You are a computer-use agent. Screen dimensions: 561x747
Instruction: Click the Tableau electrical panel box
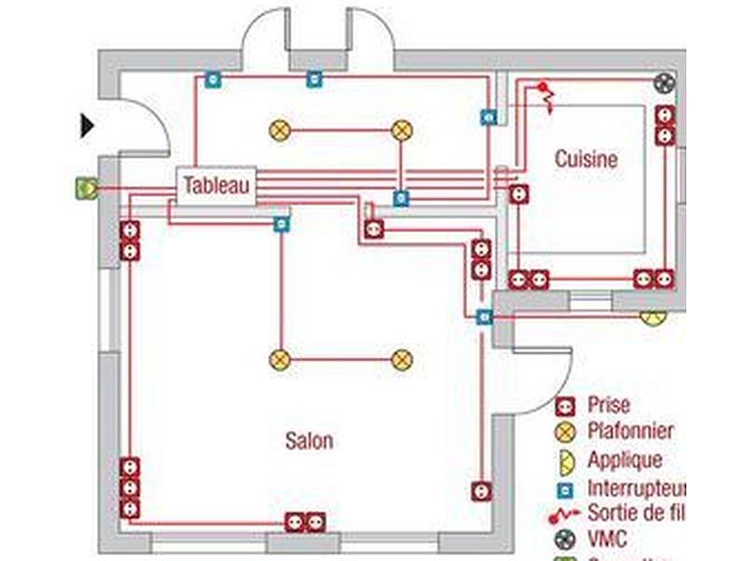[218, 185]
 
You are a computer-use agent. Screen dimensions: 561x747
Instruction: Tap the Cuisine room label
[586, 159]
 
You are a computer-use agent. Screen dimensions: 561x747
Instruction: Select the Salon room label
[308, 440]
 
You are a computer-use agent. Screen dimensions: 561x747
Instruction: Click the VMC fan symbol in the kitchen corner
[664, 83]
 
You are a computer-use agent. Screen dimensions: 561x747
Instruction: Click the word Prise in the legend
[609, 406]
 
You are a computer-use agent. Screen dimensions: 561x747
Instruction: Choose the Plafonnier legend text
[630, 433]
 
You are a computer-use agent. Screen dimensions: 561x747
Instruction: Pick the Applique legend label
[625, 460]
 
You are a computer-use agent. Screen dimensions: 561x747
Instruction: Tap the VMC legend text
[607, 539]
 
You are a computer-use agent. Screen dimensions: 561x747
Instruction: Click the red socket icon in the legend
[563, 407]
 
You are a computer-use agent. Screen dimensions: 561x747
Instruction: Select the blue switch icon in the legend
[564, 488]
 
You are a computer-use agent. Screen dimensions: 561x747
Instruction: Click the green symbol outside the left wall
[86, 188]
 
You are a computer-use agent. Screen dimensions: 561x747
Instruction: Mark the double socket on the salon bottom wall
[305, 521]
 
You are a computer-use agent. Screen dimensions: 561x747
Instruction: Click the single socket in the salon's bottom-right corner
[481, 490]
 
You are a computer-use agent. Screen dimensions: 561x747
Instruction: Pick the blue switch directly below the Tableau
[280, 223]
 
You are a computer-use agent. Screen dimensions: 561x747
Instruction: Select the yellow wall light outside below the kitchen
[653, 318]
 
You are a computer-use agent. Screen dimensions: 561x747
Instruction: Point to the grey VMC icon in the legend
[564, 539]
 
